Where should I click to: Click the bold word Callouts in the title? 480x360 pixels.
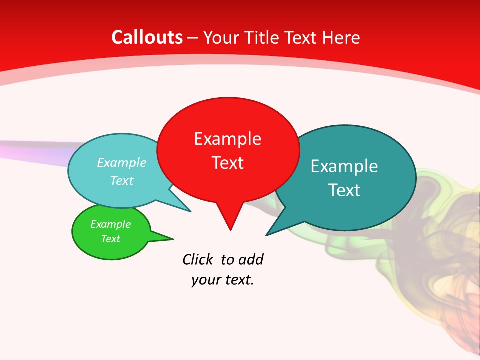pos(147,37)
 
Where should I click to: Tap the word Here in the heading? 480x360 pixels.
pos(341,37)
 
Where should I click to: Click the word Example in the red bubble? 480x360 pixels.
pos(227,139)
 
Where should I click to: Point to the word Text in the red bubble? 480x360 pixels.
pos(227,163)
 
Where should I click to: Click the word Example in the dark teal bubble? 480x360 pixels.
pos(344,166)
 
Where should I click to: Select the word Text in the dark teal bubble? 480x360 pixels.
pos(344,190)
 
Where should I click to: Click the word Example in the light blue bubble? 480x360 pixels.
pos(122,163)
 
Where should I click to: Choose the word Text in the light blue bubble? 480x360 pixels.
pos(122,180)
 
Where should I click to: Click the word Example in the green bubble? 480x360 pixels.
pos(110,224)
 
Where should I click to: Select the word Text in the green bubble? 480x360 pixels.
pos(110,239)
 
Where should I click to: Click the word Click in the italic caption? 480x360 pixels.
pos(198,260)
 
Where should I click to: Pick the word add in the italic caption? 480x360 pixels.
pos(251,260)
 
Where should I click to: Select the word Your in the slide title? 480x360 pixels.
pos(221,37)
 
